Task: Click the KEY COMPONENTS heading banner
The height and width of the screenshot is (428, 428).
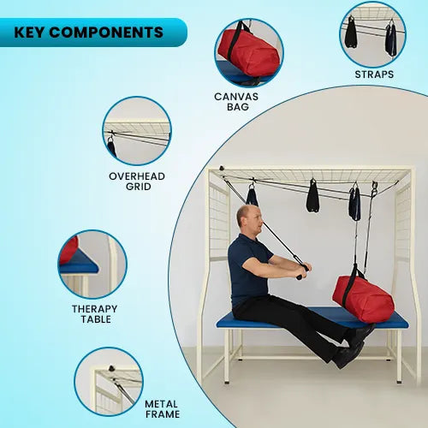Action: point(90,33)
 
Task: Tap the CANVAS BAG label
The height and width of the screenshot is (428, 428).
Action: point(237,104)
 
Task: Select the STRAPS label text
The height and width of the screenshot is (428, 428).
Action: point(374,74)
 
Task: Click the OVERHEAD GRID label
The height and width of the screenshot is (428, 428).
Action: point(137,181)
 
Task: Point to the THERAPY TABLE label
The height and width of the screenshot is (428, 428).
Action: point(94,314)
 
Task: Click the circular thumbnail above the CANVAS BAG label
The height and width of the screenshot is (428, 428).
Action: point(248,53)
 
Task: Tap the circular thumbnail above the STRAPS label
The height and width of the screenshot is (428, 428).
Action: point(372,34)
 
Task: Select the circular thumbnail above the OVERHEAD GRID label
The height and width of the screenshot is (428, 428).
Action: point(137,131)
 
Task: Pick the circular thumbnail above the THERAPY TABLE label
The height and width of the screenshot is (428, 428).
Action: point(92,264)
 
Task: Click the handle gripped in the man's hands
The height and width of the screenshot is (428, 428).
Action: point(301,271)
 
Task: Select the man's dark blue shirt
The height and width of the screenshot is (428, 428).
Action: point(248,265)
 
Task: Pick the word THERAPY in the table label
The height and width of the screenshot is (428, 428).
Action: point(94,308)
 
